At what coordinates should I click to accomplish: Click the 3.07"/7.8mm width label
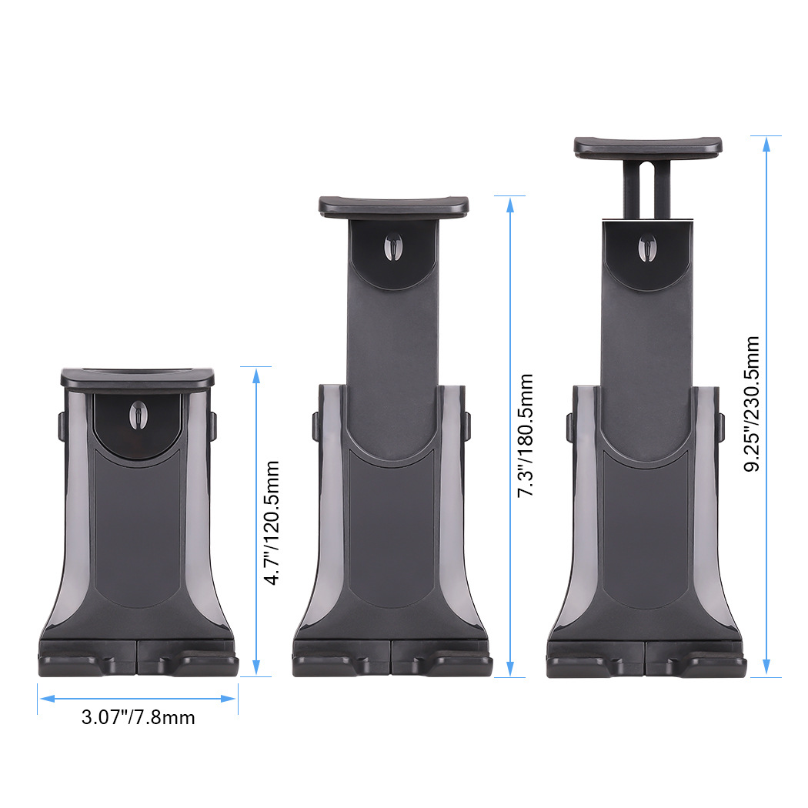(138, 718)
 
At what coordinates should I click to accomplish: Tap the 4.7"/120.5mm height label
(271, 523)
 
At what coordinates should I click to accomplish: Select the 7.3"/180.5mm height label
(526, 436)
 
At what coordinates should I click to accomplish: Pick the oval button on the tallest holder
(647, 247)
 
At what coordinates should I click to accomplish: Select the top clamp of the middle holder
(393, 205)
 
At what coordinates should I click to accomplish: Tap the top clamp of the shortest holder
(138, 377)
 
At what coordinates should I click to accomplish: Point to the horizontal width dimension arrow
(138, 698)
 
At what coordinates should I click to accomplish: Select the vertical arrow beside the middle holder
(509, 436)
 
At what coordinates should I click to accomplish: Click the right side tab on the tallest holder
(722, 427)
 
